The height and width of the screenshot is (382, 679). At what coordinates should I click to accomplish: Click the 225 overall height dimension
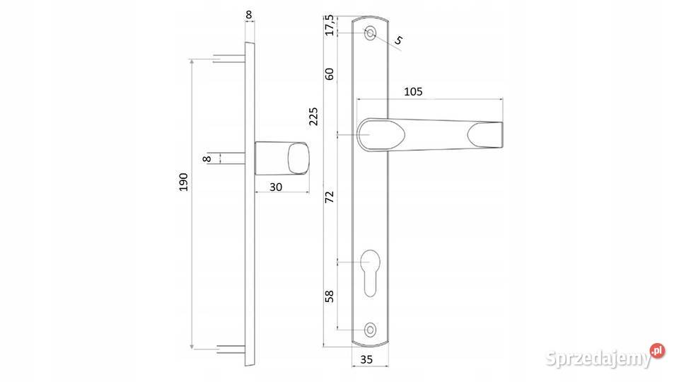313,116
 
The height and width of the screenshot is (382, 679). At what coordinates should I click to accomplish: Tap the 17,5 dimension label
330,25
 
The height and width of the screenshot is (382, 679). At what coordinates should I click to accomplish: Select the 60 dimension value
330,74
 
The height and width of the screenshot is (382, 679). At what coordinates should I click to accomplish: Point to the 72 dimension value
330,197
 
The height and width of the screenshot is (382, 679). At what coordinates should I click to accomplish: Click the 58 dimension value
330,296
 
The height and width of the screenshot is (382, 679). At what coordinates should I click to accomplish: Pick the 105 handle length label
413,92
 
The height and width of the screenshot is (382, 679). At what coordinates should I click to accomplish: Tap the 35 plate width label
366,360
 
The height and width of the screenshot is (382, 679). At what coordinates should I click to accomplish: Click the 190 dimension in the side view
184,182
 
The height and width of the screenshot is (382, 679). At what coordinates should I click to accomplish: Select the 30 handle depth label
276,187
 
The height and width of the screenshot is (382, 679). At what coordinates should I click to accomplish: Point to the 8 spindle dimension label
207,159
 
